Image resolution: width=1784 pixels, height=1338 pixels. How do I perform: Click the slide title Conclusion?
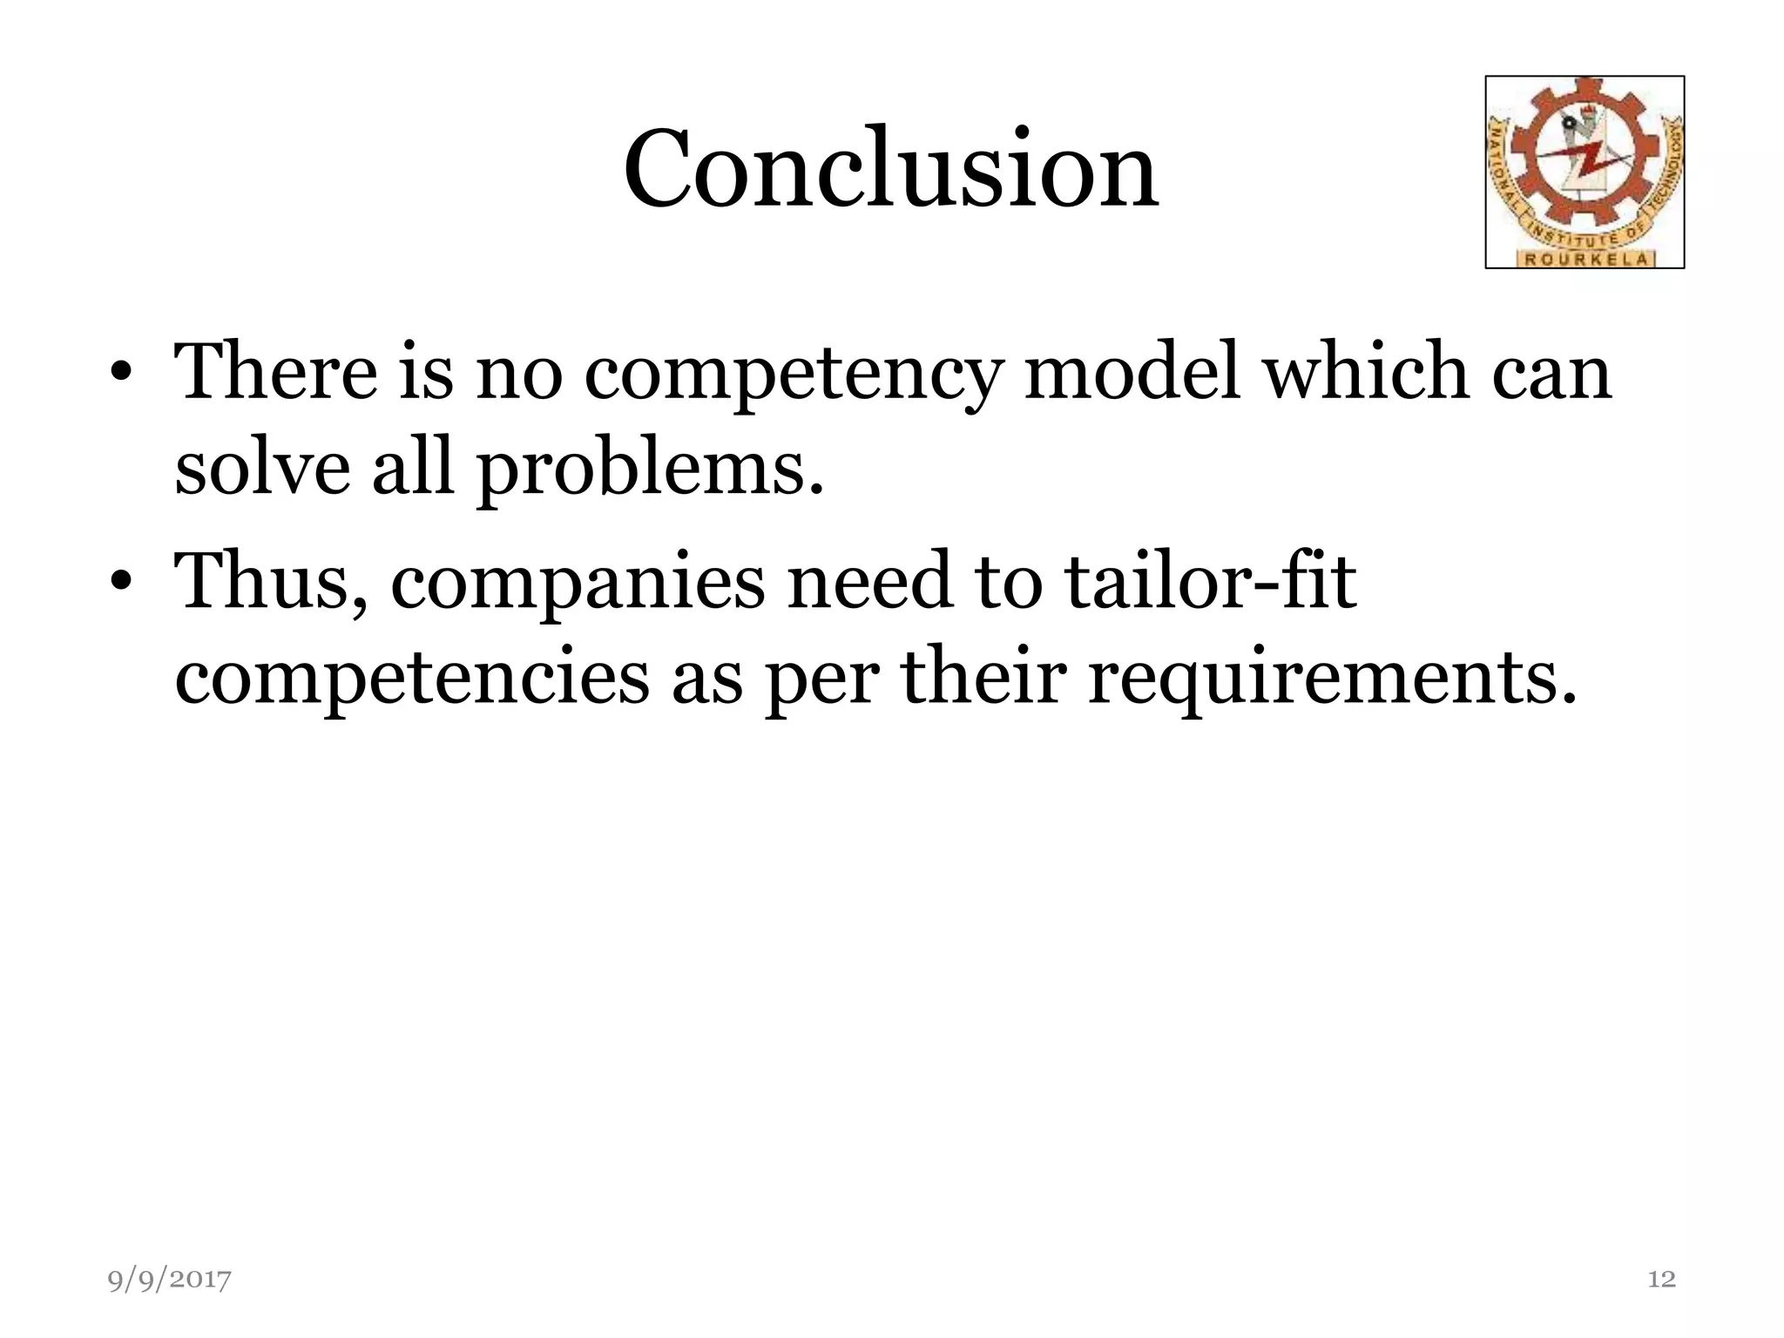(x=890, y=169)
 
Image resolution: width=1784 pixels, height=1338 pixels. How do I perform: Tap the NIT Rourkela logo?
(x=1585, y=172)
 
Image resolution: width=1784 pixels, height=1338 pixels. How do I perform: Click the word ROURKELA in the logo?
(x=1585, y=259)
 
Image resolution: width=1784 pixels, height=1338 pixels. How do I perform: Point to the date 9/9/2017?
(x=170, y=1280)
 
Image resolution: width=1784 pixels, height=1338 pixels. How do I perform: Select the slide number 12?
(x=1661, y=1279)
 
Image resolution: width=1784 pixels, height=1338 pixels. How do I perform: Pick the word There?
(x=276, y=373)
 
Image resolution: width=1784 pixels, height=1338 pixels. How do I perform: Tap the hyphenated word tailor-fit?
(x=1210, y=580)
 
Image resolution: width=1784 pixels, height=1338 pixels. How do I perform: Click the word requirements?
(x=1333, y=679)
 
